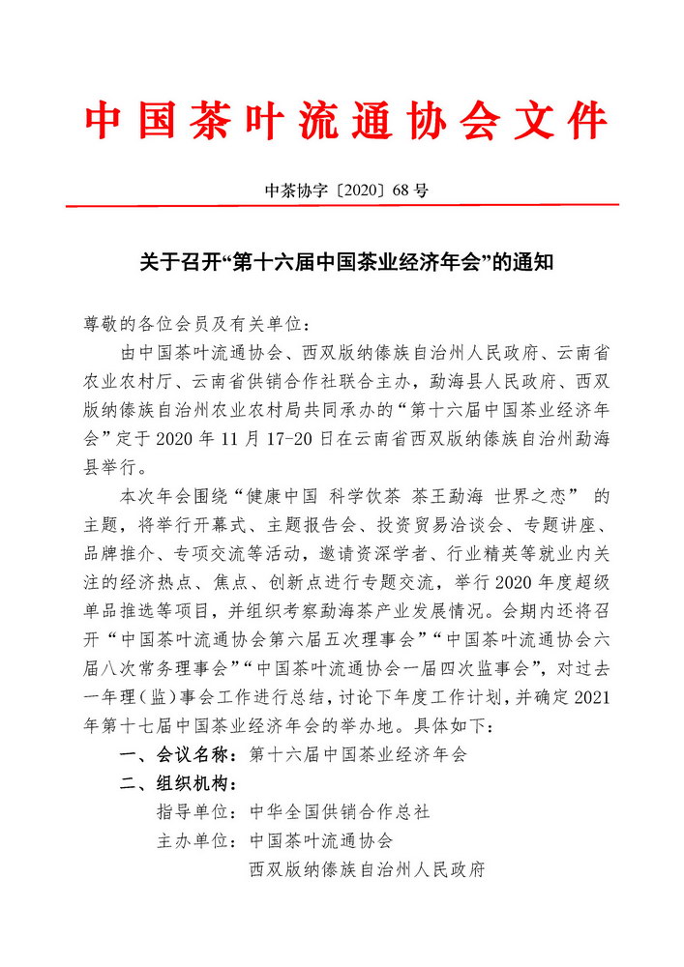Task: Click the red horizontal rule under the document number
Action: coord(342,205)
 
